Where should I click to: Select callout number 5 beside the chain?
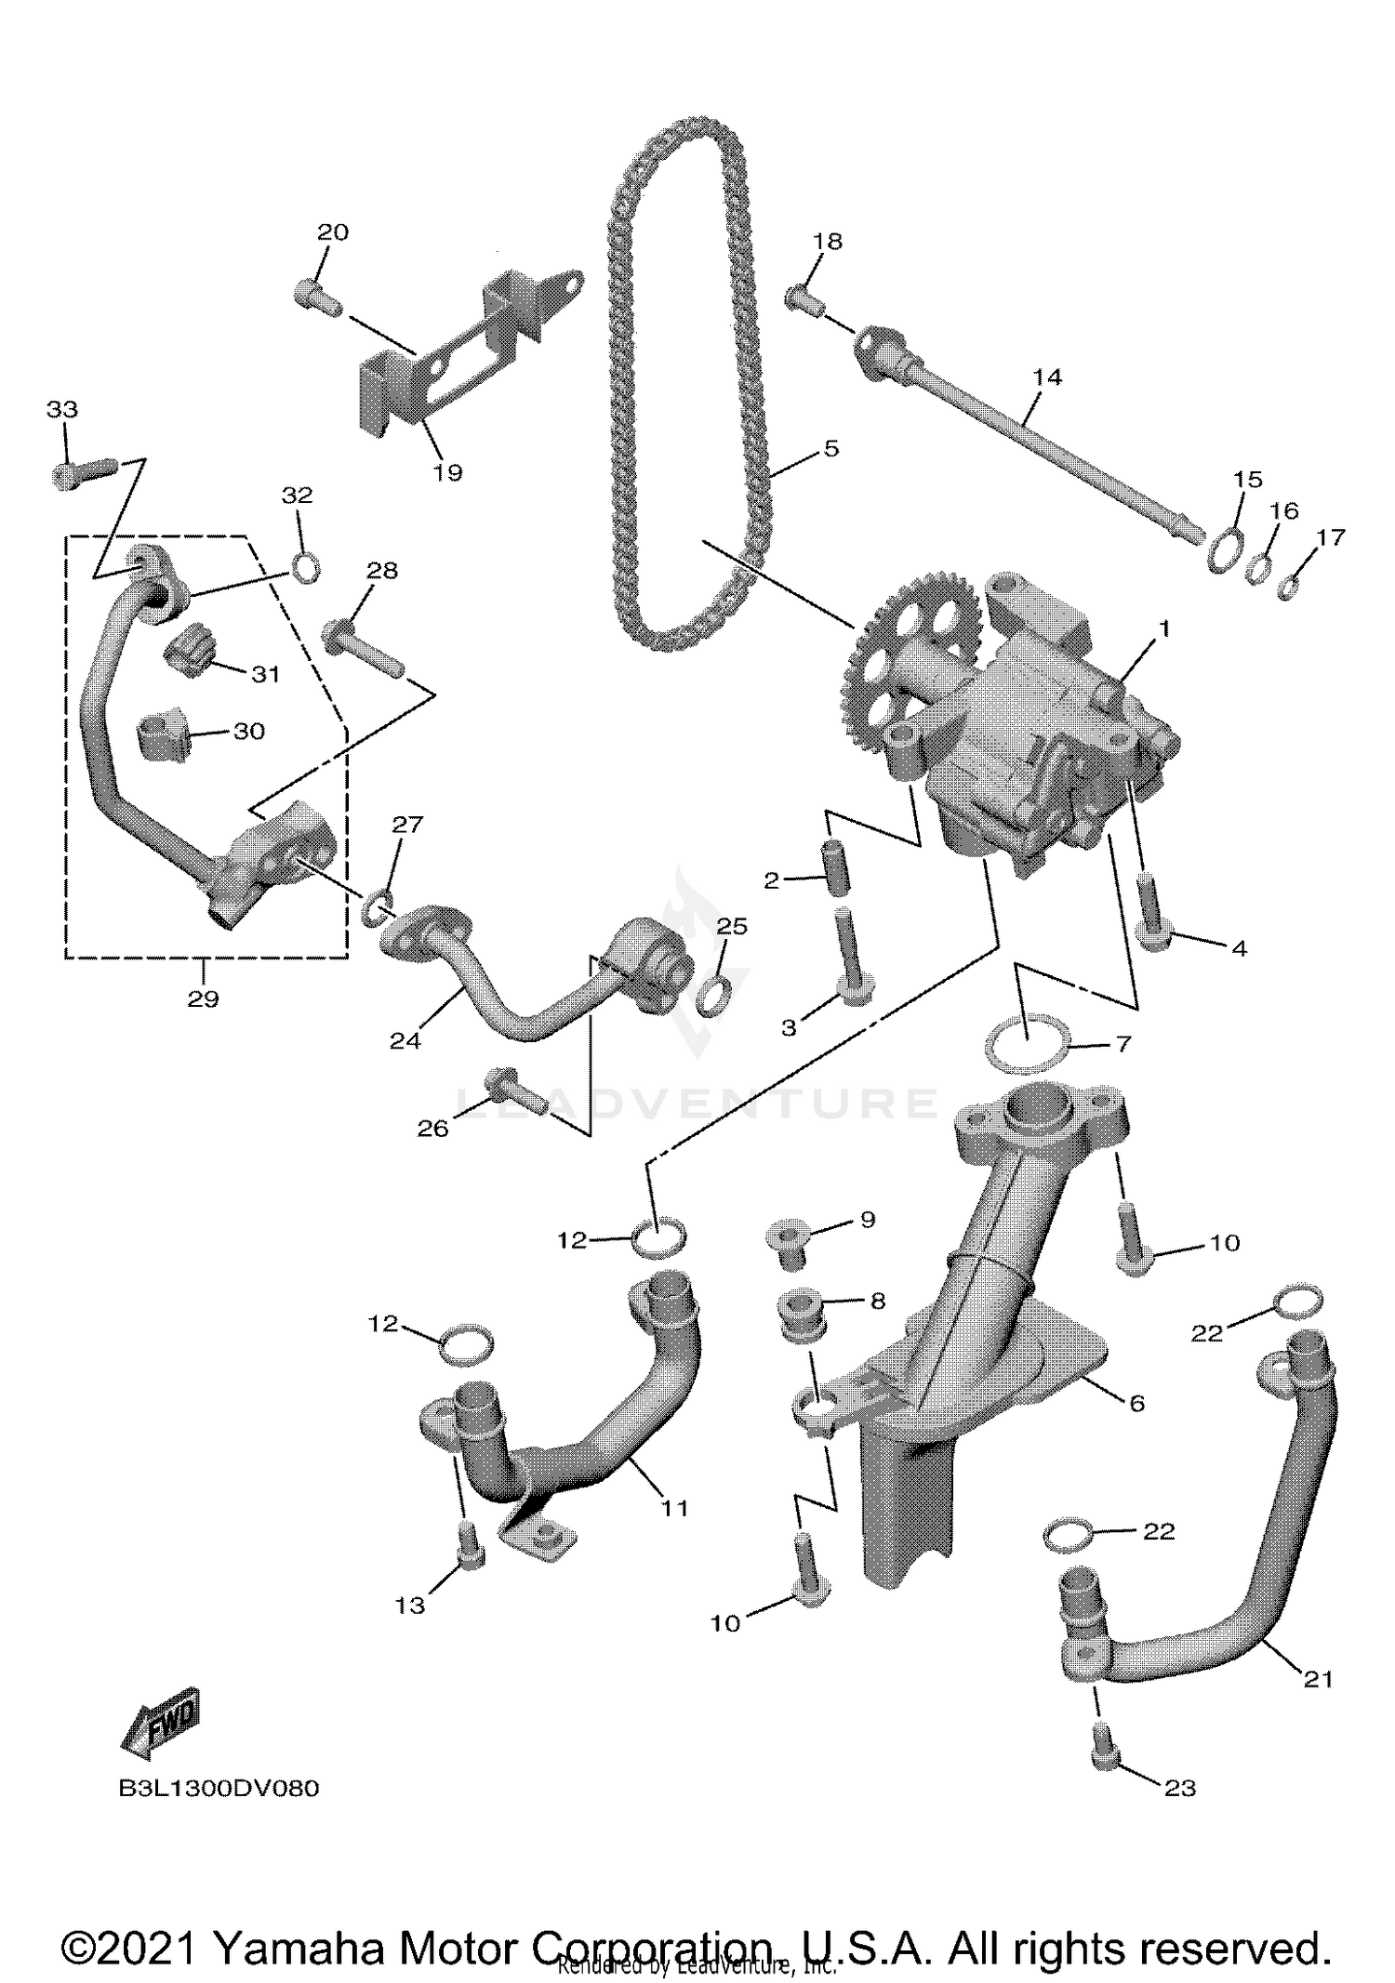point(830,448)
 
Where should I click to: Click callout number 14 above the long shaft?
point(1046,377)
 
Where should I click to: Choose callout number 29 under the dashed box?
point(203,998)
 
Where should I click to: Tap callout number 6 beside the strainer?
point(1136,1402)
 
